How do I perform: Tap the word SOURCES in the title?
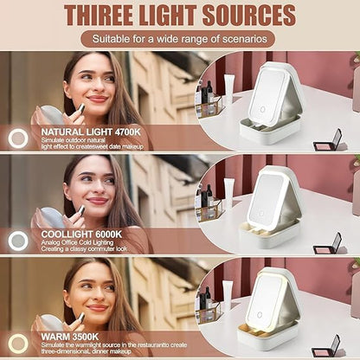(x=249, y=16)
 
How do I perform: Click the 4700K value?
(x=127, y=132)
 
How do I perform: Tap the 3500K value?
(x=85, y=337)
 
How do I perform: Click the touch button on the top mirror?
(x=263, y=110)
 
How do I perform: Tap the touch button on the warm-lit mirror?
(x=260, y=315)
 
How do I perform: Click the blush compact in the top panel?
(x=328, y=141)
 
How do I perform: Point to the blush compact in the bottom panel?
(x=326, y=347)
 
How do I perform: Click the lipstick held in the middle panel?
(x=80, y=211)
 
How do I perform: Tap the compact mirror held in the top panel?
(x=52, y=115)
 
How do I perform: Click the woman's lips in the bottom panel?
(x=98, y=308)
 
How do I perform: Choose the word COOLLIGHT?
(x=67, y=235)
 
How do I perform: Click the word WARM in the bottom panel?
(x=55, y=337)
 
